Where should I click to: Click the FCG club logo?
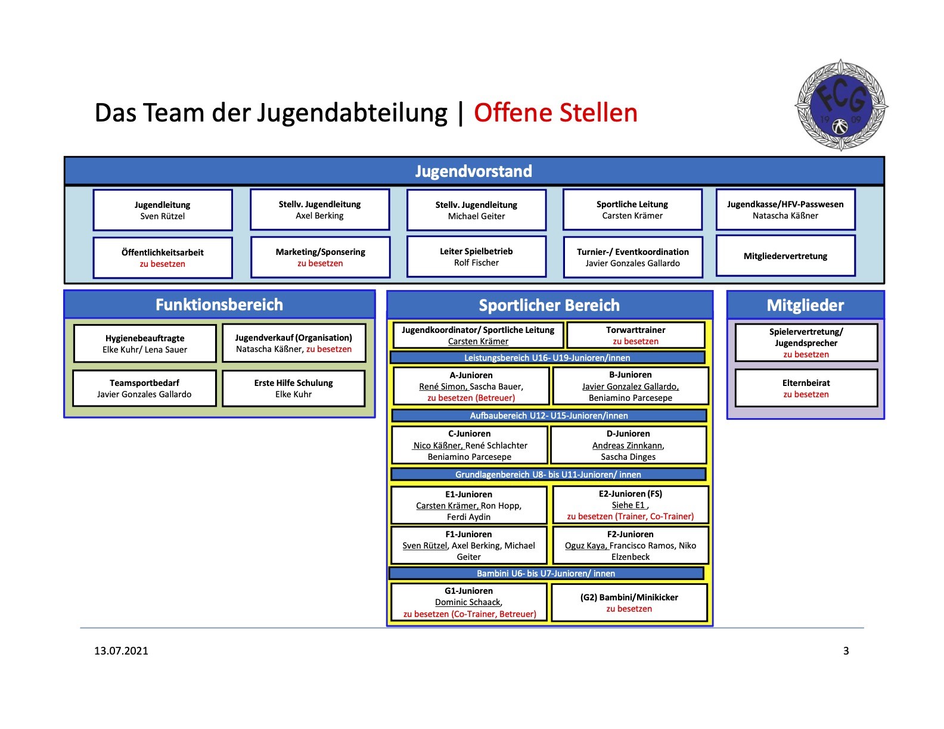841,105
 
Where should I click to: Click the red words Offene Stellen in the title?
555,113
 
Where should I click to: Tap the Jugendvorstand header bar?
474,171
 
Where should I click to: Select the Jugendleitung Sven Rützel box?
163,210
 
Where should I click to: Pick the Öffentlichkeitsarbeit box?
163,258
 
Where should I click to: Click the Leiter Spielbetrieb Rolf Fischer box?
476,257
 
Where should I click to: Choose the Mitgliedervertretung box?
785,256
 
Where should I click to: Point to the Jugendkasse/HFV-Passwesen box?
785,210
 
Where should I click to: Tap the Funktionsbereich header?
219,304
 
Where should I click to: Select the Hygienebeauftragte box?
145,344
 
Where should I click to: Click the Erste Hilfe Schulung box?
294,388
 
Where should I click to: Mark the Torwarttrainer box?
635,335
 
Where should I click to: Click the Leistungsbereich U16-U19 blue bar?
547,358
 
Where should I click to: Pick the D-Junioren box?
628,445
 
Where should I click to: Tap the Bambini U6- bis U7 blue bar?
546,573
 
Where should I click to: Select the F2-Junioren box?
631,546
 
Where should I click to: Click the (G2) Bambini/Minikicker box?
629,603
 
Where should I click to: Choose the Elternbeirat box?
806,388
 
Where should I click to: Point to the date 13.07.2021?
121,651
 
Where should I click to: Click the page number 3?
846,651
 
